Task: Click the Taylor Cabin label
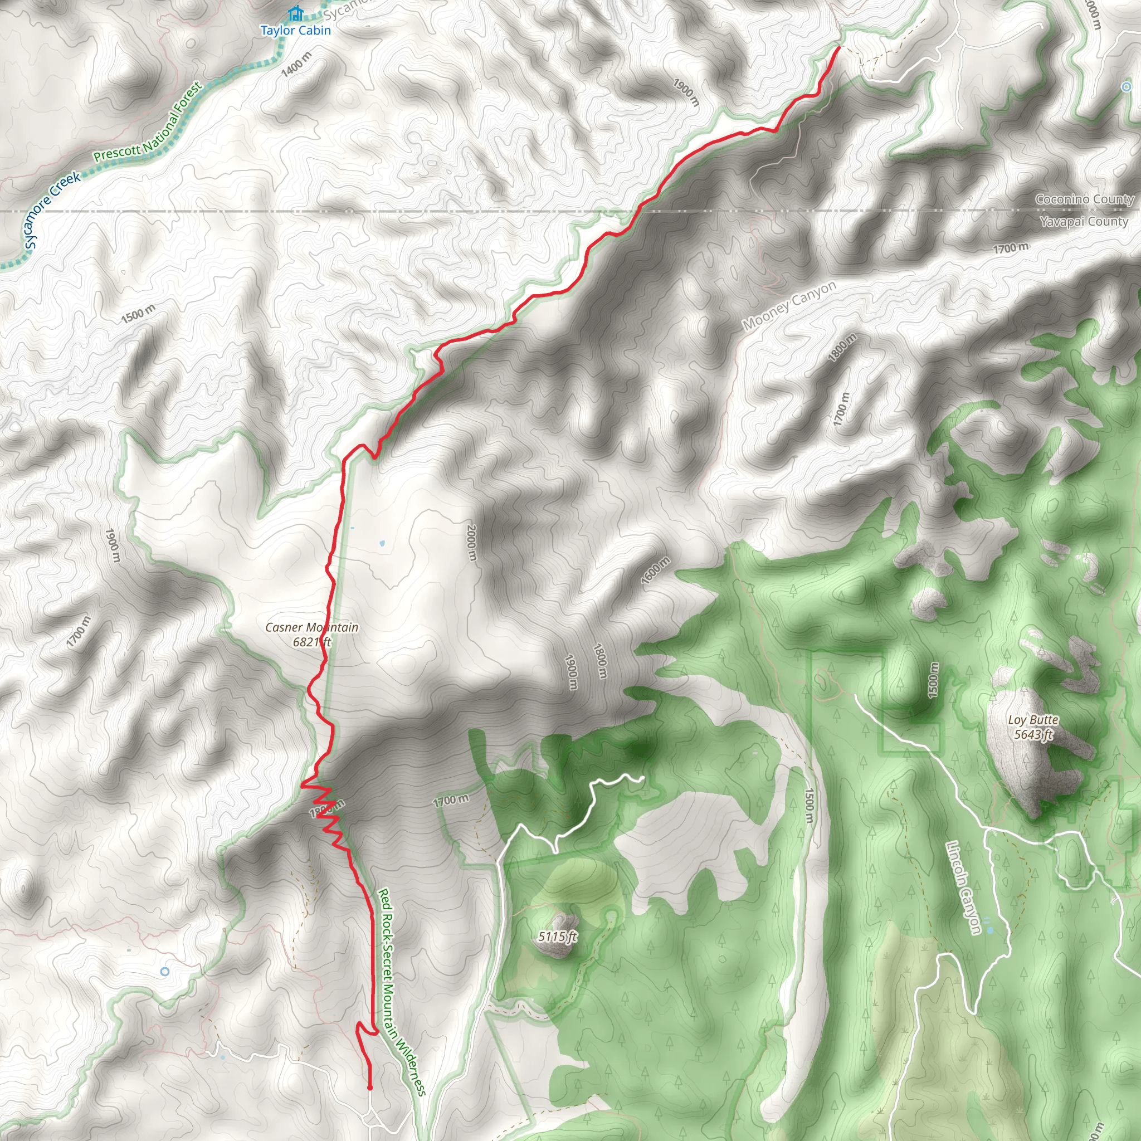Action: [x=295, y=31]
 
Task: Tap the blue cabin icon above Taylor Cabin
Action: [x=295, y=13]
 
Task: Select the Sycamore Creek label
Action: [x=52, y=209]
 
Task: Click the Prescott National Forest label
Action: [x=148, y=123]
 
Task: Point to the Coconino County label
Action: [x=1084, y=199]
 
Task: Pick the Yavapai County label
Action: [x=1084, y=222]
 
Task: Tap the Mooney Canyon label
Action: [x=788, y=305]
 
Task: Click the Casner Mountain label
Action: [x=312, y=627]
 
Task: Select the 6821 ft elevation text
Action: [x=312, y=642]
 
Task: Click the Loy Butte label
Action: [x=1033, y=720]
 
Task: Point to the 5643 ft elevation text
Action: [x=1033, y=735]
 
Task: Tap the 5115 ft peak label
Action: [x=557, y=937]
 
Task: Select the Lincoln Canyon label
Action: [x=963, y=889]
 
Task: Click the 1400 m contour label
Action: [x=296, y=64]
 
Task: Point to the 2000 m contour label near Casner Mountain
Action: [x=471, y=543]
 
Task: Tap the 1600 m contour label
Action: [x=656, y=570]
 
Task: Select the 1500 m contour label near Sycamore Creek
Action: [x=138, y=314]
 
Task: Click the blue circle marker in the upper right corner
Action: [x=1126, y=87]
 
